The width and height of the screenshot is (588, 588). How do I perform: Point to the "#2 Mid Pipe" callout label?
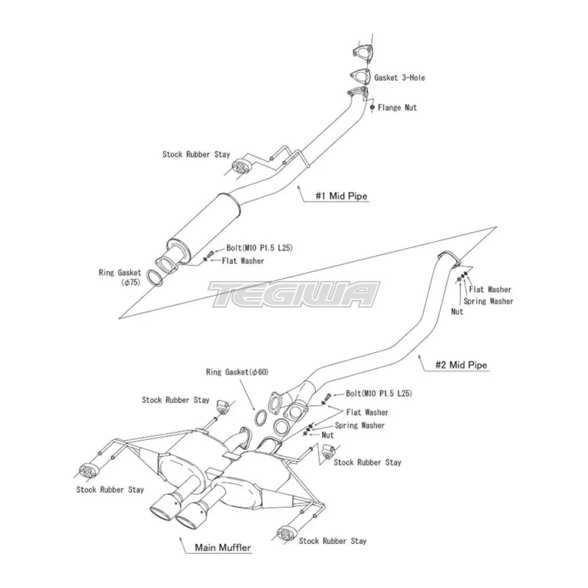click(460, 365)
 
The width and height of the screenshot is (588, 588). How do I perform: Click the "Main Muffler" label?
click(223, 547)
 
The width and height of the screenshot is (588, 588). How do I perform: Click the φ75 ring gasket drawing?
click(155, 278)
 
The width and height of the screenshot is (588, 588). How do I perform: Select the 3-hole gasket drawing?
click(358, 76)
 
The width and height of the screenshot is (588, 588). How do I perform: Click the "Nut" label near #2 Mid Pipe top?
click(457, 312)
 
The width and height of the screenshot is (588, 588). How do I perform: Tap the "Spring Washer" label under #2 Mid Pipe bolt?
click(360, 425)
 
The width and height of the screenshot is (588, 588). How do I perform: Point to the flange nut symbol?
click(372, 108)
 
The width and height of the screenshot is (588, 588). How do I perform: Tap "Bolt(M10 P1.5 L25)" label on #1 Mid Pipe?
click(259, 248)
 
